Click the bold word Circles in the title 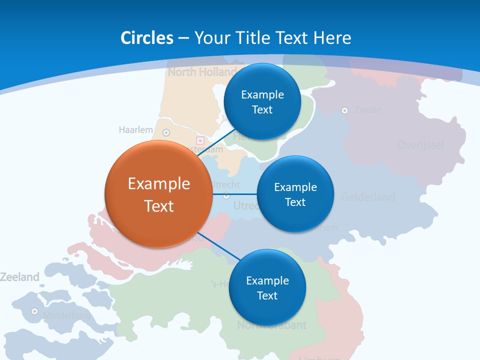click(146, 38)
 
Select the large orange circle click(158, 194)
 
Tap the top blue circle click(262, 101)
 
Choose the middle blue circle click(295, 194)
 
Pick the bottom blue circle click(267, 287)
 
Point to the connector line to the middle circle click(234, 194)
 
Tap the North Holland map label click(202, 72)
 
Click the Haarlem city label click(135, 130)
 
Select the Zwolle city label click(367, 110)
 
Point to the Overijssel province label click(420, 145)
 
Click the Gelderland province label click(368, 197)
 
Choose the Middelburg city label click(66, 315)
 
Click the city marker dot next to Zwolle click(344, 110)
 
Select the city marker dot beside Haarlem click(166, 132)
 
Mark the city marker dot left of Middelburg click(34, 311)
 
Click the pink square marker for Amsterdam click(200, 141)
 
